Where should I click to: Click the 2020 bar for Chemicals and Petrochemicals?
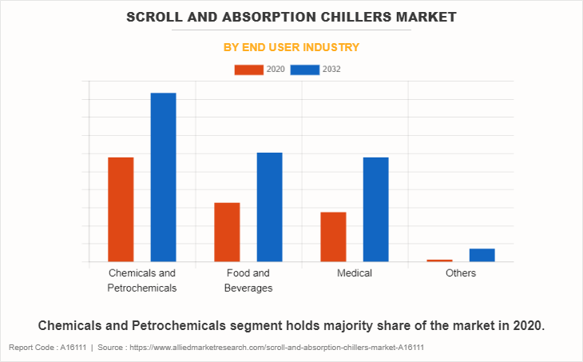[121, 209]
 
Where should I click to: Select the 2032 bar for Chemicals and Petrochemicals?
[163, 177]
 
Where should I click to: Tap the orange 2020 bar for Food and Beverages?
[227, 232]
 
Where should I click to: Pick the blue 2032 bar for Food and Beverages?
[269, 207]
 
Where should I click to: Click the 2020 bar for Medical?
[333, 237]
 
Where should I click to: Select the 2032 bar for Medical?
[375, 209]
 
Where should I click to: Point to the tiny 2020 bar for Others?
[439, 261]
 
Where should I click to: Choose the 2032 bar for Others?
[482, 255]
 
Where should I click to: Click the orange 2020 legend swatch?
[248, 70]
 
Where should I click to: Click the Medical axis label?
[355, 273]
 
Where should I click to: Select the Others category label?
[461, 273]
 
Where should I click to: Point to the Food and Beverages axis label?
[248, 280]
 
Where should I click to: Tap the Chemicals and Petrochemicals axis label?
[142, 280]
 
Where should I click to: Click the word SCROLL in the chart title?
[159, 16]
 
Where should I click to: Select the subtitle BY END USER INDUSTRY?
[291, 47]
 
